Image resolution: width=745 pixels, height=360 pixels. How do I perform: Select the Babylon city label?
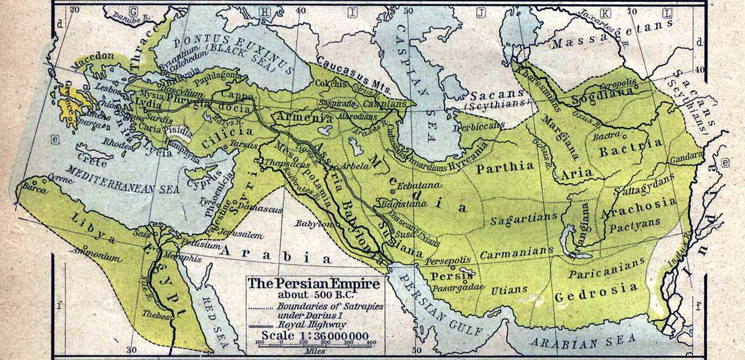312,224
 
